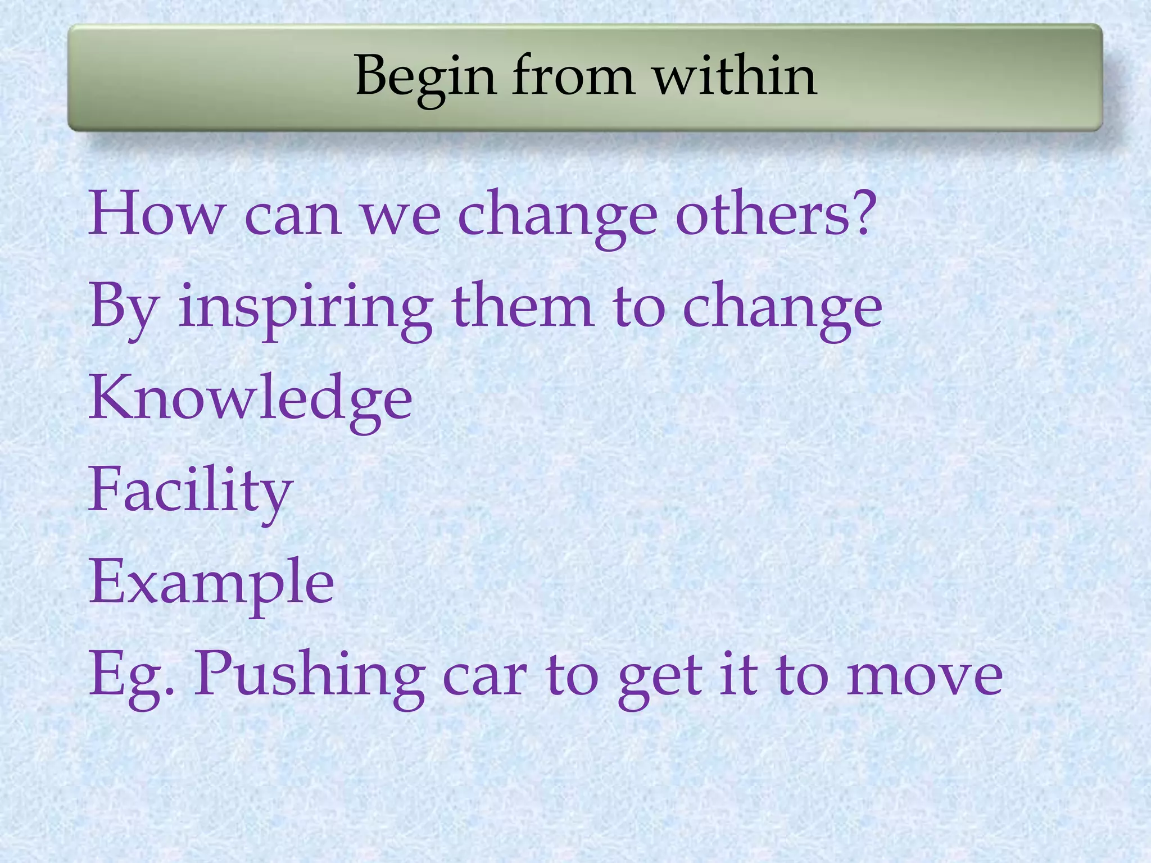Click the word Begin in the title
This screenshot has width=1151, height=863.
425,77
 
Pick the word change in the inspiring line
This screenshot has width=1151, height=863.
782,308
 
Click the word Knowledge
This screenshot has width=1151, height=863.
251,399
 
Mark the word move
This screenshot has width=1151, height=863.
924,677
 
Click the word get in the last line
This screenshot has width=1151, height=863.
660,677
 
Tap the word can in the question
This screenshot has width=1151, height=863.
293,216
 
